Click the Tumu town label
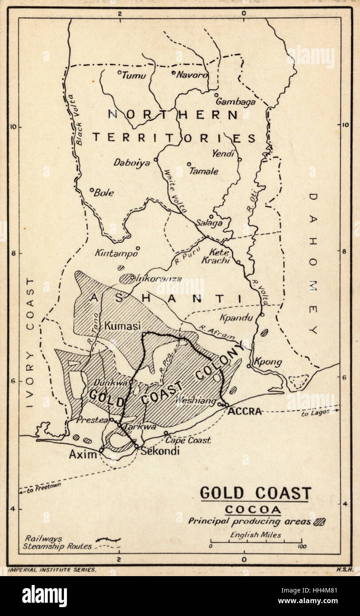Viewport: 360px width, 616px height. pos(133,75)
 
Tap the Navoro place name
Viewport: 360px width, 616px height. pos(192,75)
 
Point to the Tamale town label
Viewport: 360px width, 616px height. pos(203,171)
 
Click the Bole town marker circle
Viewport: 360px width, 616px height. pos(92,190)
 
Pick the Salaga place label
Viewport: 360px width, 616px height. pos(209,223)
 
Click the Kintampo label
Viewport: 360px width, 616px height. pos(116,253)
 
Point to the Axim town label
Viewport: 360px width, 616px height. pos(83,454)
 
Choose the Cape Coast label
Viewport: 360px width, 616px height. pos(188,441)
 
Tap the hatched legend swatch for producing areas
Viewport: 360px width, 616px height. pos(319,522)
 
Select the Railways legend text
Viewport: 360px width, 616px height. pos(43,538)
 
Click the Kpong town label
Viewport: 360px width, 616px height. pos(268,363)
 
